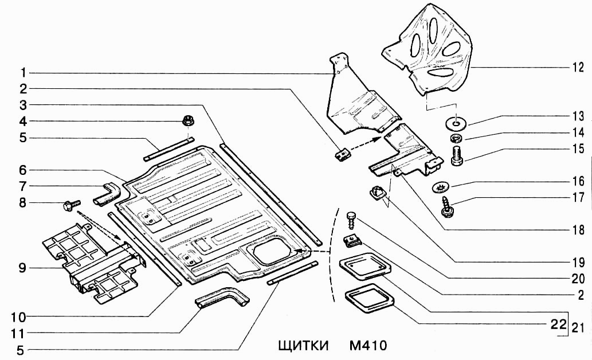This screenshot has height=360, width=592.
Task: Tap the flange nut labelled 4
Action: [x=187, y=121]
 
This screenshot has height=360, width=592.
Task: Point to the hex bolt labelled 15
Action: [x=457, y=155]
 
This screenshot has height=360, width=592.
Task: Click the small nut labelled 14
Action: [x=456, y=138]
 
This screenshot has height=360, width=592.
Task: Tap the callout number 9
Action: [x=22, y=267]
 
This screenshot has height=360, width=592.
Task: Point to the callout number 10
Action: [x=22, y=316]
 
